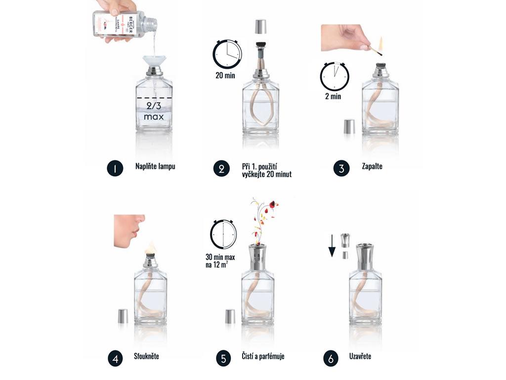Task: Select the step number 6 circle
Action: pos(331,358)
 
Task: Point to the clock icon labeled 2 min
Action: pos(335,76)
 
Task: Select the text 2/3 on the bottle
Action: pos(154,106)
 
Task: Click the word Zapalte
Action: pos(372,167)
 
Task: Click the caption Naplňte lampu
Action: pos(155,167)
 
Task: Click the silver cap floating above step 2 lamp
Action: pos(260,27)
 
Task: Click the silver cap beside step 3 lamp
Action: pos(349,127)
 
